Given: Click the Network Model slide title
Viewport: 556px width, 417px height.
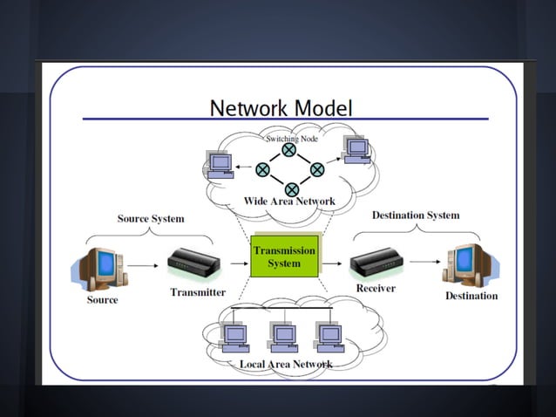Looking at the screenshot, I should tap(281, 108).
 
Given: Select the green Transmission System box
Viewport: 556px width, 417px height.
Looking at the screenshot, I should tap(284, 256).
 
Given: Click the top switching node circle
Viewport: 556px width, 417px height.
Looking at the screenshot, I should tap(289, 150).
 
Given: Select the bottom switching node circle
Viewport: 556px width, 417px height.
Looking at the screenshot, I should tap(292, 189).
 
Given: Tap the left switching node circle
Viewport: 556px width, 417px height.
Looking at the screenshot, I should tap(262, 169).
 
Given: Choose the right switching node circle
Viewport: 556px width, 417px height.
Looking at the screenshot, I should tap(317, 169).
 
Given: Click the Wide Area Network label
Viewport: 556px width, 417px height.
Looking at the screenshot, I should tap(289, 202).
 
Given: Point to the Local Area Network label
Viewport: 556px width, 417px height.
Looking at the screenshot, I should tap(286, 364).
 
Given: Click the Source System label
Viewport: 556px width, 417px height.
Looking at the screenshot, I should tap(151, 218).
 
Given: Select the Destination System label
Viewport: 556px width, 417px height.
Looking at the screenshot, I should tap(416, 215).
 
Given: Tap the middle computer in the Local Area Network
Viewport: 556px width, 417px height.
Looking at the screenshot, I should tap(283, 336).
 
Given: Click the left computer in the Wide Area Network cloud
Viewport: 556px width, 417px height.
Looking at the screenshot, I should tap(219, 164).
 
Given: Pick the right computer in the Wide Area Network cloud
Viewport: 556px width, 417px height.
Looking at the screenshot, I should tap(356, 149).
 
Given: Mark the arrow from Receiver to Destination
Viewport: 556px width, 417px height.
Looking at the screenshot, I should tap(424, 260).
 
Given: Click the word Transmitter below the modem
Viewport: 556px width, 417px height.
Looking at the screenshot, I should tap(198, 292).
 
